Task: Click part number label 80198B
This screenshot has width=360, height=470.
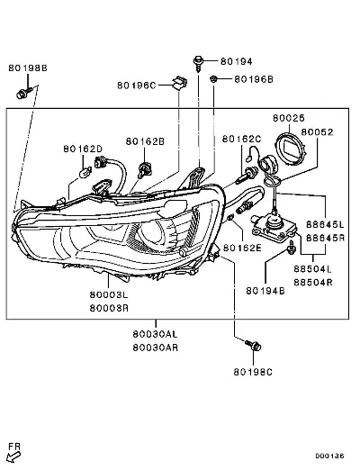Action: (x=28, y=68)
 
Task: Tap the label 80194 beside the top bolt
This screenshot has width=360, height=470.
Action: (x=237, y=61)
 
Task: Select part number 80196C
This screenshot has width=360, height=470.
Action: (x=137, y=86)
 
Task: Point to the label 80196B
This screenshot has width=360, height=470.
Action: (x=254, y=79)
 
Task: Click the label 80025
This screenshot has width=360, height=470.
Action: (x=289, y=118)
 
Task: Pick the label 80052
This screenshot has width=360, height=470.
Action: (x=317, y=132)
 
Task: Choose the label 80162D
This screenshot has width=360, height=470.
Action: (x=83, y=149)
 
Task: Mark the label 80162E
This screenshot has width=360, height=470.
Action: (x=242, y=248)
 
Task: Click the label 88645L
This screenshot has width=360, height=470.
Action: (x=325, y=224)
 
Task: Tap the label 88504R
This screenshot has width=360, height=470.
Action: (x=313, y=283)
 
